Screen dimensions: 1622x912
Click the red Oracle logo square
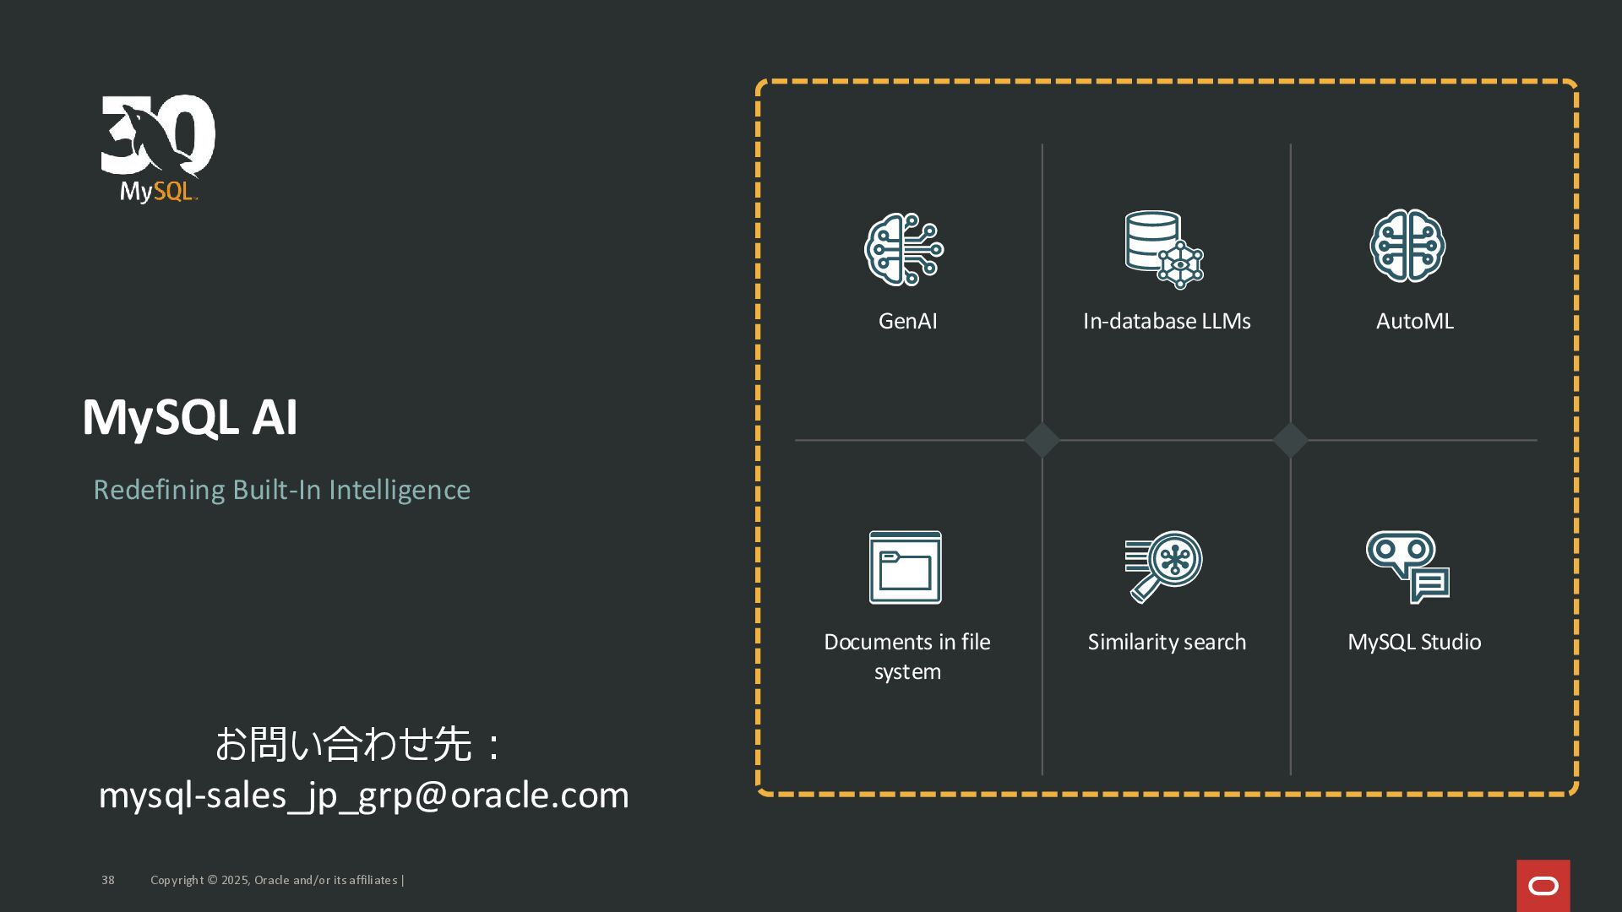point(1543,886)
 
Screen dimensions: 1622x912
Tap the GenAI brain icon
point(904,250)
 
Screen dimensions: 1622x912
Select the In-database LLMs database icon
point(1163,249)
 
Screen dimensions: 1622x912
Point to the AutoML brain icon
point(1407,246)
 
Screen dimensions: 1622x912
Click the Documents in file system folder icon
point(905,567)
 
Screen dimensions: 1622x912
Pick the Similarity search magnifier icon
point(1163,567)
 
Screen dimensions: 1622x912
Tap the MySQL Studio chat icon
point(1407,567)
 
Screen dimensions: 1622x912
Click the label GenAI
point(907,321)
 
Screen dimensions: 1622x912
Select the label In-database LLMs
point(1167,321)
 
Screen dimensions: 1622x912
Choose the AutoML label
point(1414,321)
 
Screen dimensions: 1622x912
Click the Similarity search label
point(1167,642)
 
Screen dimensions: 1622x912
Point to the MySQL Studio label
point(1414,642)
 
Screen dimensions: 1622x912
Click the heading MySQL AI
point(190,417)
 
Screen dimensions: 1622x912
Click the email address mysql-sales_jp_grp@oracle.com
point(364,795)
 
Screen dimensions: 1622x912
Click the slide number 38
point(108,880)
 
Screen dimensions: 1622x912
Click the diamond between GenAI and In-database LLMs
point(1042,440)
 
